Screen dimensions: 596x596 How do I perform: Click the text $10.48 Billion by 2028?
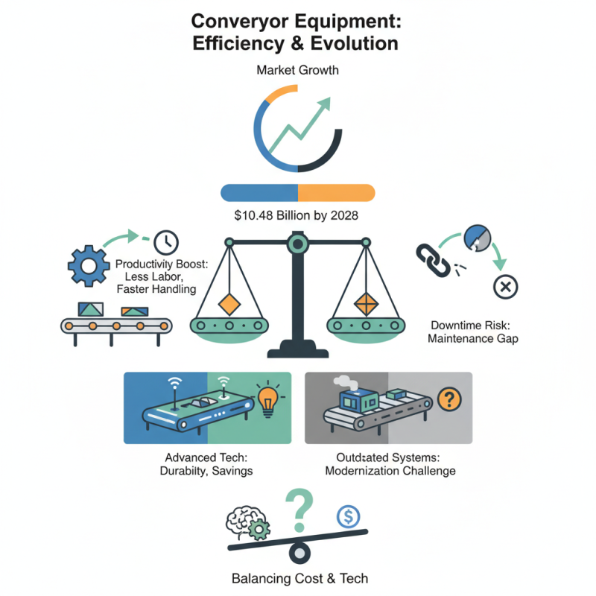[x=297, y=216]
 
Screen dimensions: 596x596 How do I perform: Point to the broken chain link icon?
[x=428, y=261]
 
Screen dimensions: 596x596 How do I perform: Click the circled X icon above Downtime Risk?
[x=506, y=286]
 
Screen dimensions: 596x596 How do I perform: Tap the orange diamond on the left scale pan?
[x=228, y=303]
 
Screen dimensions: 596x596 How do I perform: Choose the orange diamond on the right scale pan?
[x=367, y=303]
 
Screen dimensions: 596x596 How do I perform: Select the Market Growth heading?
[x=297, y=72]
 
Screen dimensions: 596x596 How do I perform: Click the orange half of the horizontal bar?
[x=335, y=191]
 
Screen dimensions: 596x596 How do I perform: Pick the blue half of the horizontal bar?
[x=259, y=191]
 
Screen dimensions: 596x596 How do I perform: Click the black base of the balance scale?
[x=297, y=349]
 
